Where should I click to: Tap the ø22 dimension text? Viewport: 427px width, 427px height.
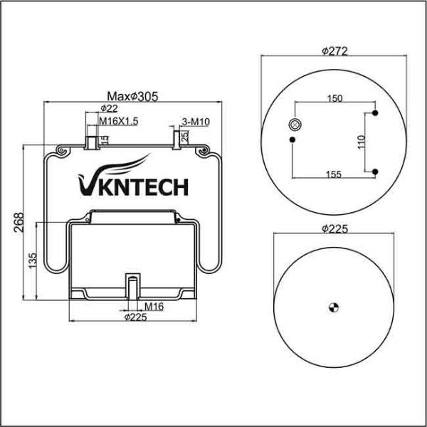(x=109, y=109)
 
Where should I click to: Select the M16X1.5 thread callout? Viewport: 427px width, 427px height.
(x=118, y=122)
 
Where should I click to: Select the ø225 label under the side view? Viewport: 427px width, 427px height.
(x=135, y=317)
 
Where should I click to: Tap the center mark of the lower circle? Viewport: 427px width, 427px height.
(x=332, y=306)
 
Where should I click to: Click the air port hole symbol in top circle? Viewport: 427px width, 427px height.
(x=293, y=125)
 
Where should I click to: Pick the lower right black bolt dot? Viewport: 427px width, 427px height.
(x=375, y=170)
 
